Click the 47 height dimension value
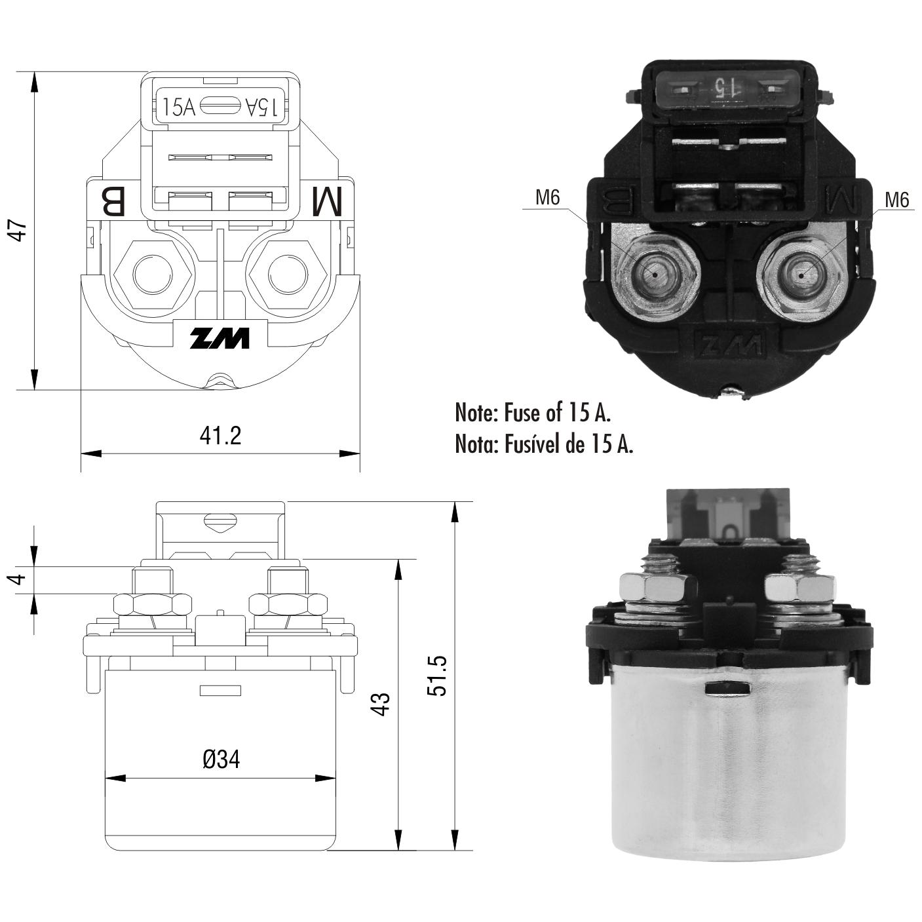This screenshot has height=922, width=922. click(18, 229)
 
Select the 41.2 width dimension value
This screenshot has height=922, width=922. click(220, 435)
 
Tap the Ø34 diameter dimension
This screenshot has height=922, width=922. click(221, 759)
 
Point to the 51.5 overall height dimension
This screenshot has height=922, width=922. click(436, 675)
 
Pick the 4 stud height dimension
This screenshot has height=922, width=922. click(18, 579)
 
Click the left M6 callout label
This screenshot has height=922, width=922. click(547, 197)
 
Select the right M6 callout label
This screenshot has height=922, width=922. click(896, 199)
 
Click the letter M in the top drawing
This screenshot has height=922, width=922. click(328, 201)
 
